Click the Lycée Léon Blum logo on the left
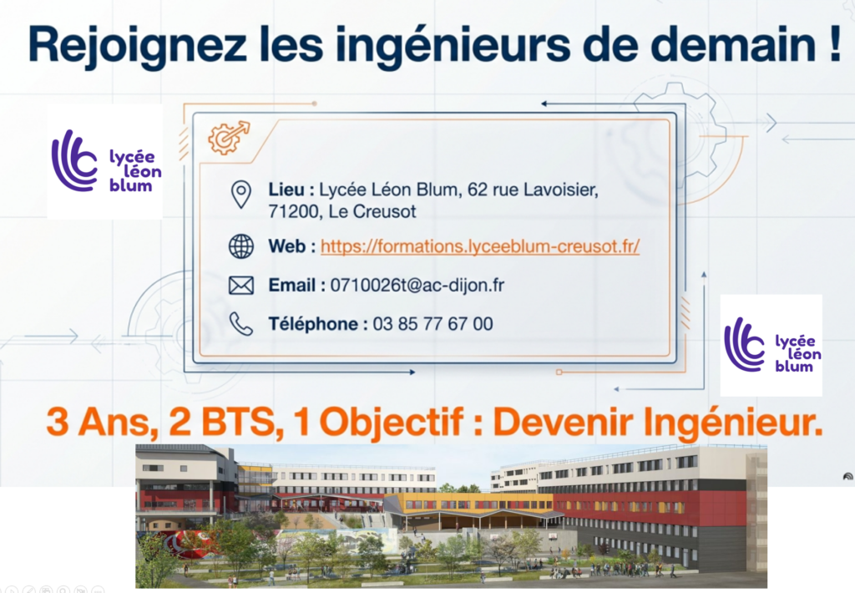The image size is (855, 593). (105, 161)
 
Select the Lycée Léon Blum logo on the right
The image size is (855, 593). (771, 344)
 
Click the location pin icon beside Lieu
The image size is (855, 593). (240, 195)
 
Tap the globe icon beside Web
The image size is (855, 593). (240, 246)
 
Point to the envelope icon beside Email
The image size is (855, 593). (240, 286)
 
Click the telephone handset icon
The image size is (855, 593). (240, 324)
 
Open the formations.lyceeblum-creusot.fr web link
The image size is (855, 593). (480, 246)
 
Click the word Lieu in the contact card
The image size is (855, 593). (286, 190)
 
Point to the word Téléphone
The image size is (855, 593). (314, 324)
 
